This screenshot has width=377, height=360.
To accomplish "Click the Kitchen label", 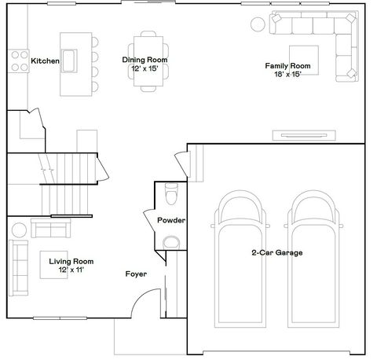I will point(46,61).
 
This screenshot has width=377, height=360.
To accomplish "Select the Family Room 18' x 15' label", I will point(288,69).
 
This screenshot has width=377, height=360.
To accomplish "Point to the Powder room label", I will point(170,220).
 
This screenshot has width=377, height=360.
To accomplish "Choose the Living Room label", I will point(71,265).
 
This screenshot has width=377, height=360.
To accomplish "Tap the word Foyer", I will point(136,274).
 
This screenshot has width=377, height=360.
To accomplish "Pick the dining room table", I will point(148,60).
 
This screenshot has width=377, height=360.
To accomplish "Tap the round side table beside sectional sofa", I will point(258,24).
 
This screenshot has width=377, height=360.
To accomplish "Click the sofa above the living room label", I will point(49,230).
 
